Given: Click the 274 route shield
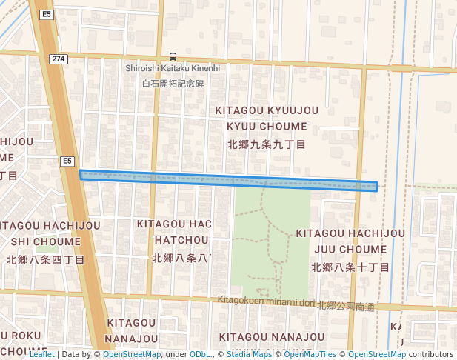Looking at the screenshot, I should point(59,59).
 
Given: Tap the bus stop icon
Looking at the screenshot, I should point(173,56).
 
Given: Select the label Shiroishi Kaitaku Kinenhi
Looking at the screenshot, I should point(173,68).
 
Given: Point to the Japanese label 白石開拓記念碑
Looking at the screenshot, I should point(173,84).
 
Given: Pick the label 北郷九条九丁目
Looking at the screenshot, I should point(267,144).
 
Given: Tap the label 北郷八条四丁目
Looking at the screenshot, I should point(46,260).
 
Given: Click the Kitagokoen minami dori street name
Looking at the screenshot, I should point(267,301).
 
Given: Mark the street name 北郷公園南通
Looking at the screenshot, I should point(346,306).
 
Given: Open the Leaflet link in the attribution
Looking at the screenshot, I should point(41,354).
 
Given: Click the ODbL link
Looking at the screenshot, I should point(200,354).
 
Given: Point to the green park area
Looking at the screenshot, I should point(271,237).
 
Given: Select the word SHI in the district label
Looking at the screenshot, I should point(21,241).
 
